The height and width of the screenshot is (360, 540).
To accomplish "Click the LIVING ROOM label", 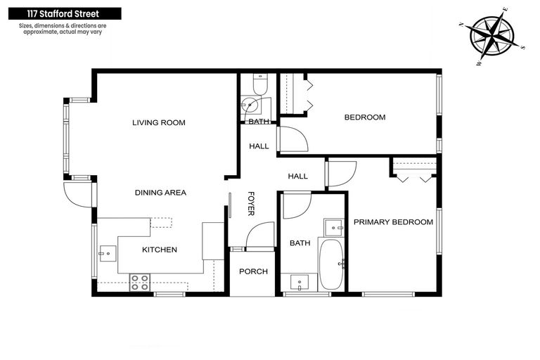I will [159, 122].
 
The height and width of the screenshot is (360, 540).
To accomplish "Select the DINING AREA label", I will [161, 192].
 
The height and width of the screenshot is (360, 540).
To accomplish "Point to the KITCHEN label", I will [160, 250].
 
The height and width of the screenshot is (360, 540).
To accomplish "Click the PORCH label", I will [253, 271].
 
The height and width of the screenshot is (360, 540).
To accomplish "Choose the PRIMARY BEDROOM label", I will [393, 222].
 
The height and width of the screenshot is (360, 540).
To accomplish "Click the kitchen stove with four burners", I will [139, 282].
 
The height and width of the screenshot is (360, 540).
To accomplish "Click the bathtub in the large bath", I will [330, 264].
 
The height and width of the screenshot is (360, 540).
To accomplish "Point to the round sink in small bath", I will [250, 107].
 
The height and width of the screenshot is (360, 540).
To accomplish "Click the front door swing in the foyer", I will [260, 235].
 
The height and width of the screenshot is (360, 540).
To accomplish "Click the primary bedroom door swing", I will [340, 173].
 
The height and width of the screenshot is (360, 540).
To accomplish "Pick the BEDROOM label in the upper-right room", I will [364, 117].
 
